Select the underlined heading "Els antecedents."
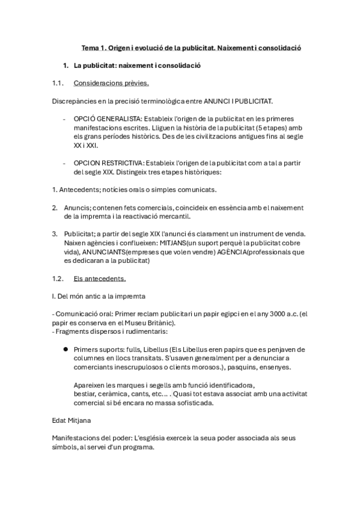pyautogui.click(x=99, y=278)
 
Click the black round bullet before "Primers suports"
pyautogui.click(x=64, y=349)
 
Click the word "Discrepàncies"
pyautogui.click(x=75, y=101)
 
